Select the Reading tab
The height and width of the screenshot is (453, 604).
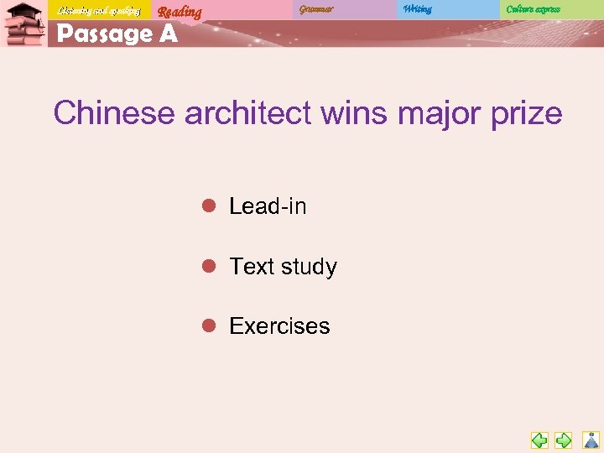click(x=180, y=12)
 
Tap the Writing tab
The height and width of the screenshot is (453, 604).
click(x=417, y=9)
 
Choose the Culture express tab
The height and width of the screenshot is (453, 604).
click(x=533, y=9)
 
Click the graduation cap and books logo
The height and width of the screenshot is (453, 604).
click(x=23, y=23)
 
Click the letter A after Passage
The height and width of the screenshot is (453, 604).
click(x=167, y=34)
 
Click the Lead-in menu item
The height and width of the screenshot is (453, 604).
click(x=268, y=206)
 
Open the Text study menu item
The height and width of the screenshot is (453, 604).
click(x=283, y=267)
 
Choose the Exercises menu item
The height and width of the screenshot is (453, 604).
click(x=279, y=325)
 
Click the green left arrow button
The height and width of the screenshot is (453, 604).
click(x=539, y=440)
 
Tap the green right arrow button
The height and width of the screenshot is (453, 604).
click(x=564, y=440)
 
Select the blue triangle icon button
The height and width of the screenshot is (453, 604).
click(x=591, y=440)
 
